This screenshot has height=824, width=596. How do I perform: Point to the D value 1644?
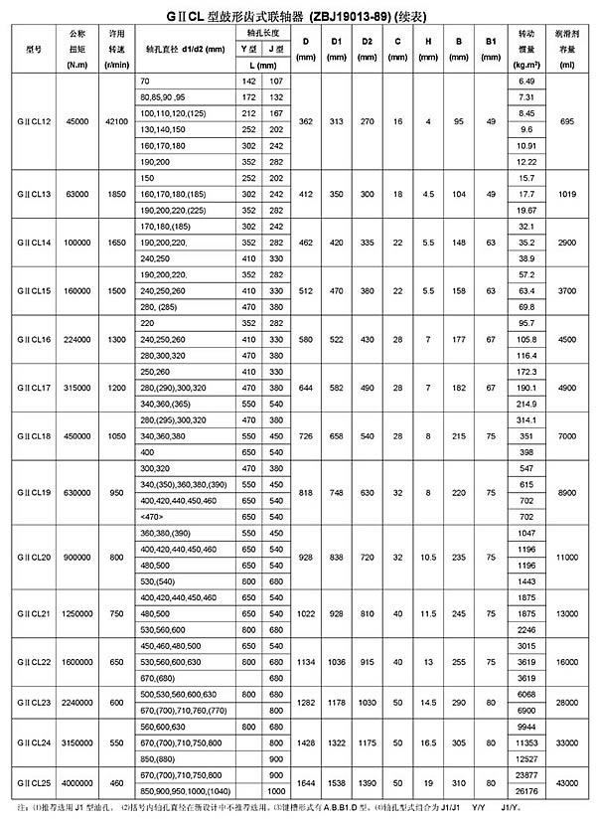307,783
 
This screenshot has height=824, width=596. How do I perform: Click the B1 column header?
490,47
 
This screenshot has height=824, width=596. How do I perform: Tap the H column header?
428,47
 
